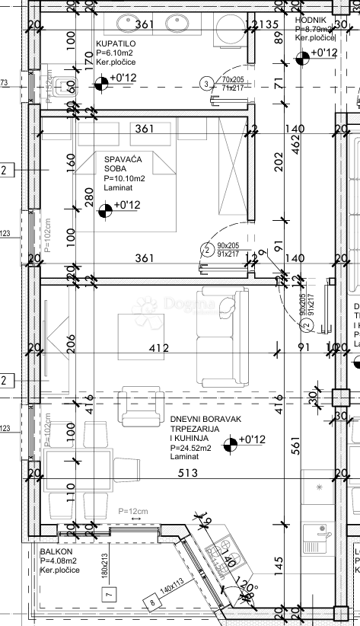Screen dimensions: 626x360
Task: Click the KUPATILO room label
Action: pos(116,44)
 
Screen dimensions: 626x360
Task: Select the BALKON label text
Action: pos(56,551)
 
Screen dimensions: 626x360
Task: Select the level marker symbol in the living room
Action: pos(229,440)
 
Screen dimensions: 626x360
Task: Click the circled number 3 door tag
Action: pos(205,84)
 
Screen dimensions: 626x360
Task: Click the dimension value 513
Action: pos(187,473)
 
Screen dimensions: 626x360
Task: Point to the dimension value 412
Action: pos(158,349)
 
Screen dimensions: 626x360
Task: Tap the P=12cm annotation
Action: pos(132,512)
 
